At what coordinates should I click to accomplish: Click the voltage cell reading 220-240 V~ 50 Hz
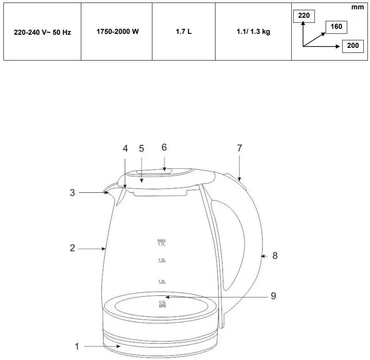42,32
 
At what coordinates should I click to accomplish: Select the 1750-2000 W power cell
117,32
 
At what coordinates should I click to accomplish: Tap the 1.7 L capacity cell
184,32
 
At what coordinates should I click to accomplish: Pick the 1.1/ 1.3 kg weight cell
253,32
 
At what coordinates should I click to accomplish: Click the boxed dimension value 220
304,16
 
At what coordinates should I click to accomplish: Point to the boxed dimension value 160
336,27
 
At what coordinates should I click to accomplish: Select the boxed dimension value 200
353,46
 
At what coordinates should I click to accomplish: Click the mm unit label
357,7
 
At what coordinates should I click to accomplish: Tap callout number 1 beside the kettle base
77,347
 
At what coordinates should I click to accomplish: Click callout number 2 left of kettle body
72,248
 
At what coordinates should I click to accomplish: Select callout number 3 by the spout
72,193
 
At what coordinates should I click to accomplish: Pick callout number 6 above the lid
164,147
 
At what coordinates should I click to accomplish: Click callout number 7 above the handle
240,148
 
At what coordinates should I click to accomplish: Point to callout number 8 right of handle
275,256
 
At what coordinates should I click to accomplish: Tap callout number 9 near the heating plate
273,296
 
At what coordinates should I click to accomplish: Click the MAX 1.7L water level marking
162,242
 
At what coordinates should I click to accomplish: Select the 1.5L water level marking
162,260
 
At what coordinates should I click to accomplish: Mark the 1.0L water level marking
162,281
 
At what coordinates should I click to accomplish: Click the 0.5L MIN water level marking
162,304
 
